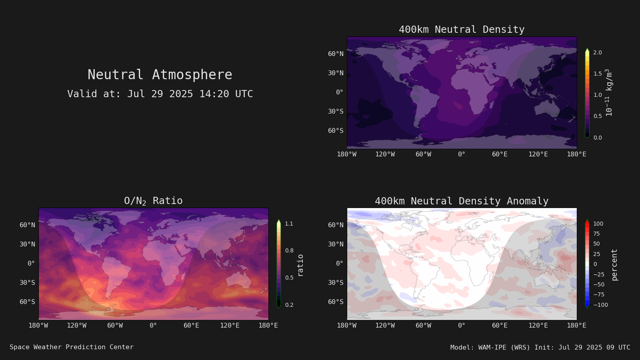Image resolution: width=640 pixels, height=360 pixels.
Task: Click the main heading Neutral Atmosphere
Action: click(160, 75)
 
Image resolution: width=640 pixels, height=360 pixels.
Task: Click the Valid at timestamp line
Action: click(160, 94)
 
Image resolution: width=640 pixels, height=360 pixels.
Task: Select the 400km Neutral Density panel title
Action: click(462, 30)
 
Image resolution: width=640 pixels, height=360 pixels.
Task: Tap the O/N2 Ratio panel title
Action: click(154, 201)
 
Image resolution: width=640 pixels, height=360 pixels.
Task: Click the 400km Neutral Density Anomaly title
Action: click(462, 201)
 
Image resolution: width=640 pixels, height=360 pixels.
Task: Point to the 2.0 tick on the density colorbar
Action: click(598, 52)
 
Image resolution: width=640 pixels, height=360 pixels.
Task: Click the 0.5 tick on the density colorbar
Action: click(598, 116)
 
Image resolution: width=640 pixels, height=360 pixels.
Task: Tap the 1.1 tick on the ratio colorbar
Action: click(289, 224)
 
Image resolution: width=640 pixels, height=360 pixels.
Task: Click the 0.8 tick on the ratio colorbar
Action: click(289, 250)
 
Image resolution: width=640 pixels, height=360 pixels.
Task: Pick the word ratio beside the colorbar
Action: click(300, 266)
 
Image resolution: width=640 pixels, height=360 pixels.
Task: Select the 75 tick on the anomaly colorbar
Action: click(596, 234)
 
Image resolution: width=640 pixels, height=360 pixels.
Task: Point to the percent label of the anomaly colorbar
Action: click(614, 265)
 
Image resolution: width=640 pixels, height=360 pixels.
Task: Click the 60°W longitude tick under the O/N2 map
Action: click(115, 326)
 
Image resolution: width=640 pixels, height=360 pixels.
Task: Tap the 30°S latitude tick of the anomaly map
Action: click(336, 282)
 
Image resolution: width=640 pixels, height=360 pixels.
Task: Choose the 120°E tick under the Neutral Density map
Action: click(538, 154)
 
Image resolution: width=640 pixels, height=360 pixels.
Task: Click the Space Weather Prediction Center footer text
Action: click(72, 347)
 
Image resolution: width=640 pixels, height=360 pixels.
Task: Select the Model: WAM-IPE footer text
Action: click(540, 348)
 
